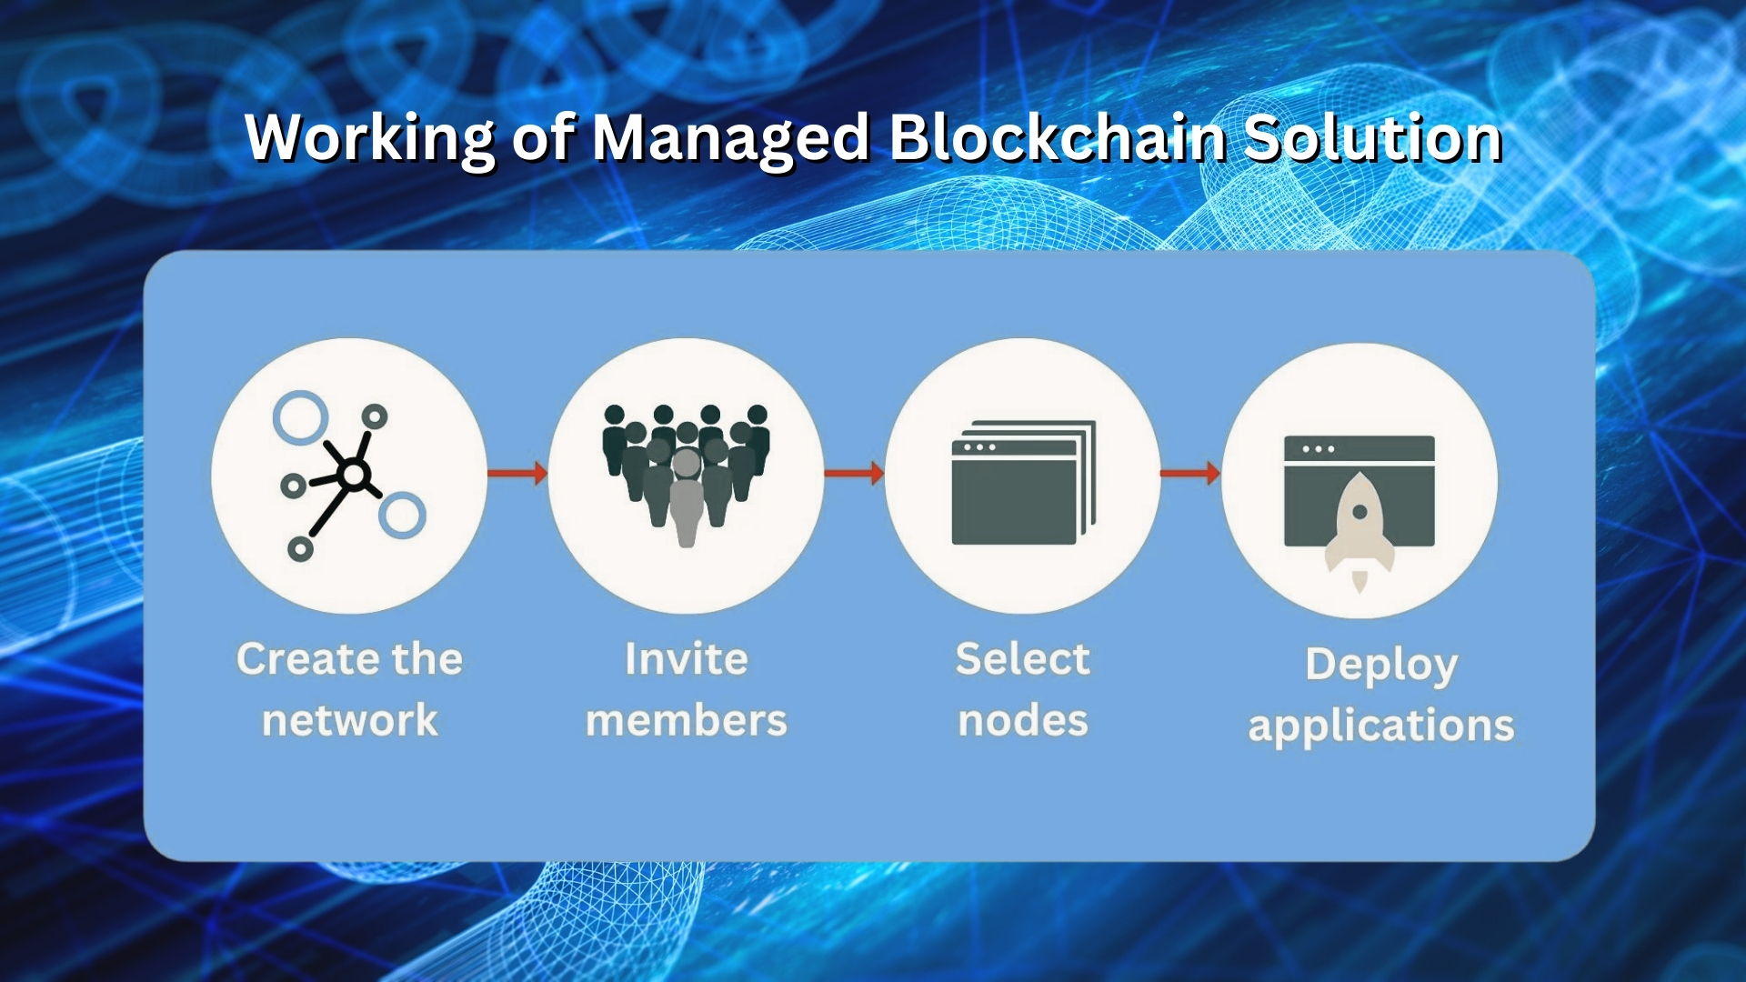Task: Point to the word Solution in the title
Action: click(1372, 138)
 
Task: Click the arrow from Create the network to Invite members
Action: click(517, 473)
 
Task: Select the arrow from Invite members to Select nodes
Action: click(854, 473)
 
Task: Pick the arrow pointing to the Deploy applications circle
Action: click(1190, 473)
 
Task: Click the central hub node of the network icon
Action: click(353, 474)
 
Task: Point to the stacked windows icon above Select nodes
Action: click(1023, 482)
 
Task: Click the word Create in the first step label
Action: click(301, 659)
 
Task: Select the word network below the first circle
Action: click(350, 720)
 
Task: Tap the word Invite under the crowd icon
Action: click(687, 659)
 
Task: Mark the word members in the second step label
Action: click(687, 720)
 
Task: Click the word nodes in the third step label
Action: click(1023, 720)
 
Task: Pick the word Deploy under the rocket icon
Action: click(1381, 666)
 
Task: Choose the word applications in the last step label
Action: click(1381, 726)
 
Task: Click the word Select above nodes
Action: click(1023, 659)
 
